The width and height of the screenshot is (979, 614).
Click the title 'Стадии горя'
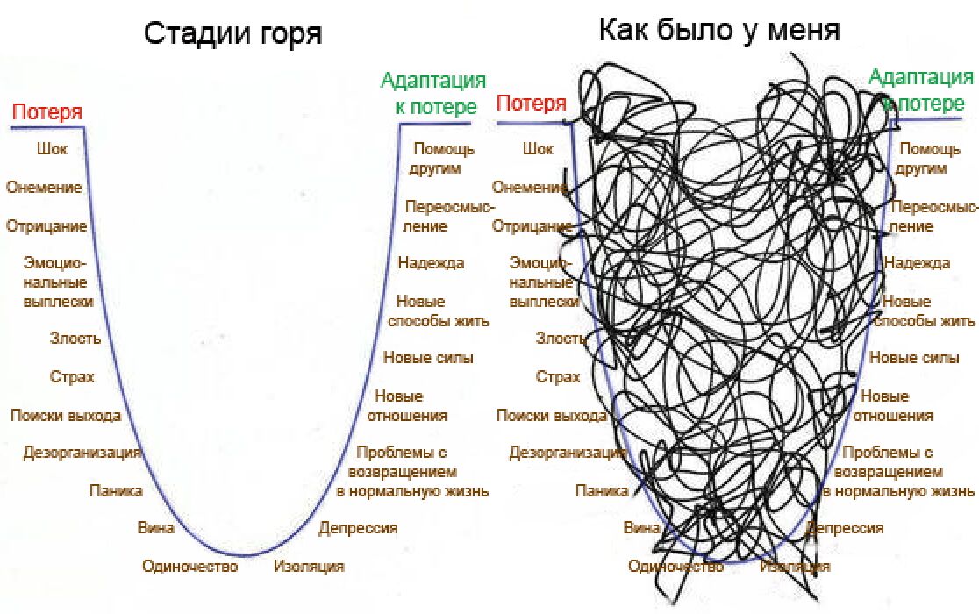click(233, 34)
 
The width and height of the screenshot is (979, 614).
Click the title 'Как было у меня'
click(719, 31)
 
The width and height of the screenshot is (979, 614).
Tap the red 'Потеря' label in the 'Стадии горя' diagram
click(47, 112)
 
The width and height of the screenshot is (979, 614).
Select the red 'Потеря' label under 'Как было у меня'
click(532, 104)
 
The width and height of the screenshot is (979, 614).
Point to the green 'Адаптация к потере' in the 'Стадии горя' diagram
click(433, 94)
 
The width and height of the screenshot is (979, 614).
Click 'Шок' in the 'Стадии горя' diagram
click(52, 149)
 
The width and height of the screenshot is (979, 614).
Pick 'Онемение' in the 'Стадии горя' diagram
click(44, 188)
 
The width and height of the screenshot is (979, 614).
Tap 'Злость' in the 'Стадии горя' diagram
click(75, 339)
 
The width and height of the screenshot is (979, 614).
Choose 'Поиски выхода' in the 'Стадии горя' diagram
click(66, 416)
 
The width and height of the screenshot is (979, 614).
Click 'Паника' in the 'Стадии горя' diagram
click(116, 491)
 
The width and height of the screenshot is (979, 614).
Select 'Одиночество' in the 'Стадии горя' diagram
click(190, 567)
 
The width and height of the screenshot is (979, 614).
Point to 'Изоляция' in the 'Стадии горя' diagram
click(309, 567)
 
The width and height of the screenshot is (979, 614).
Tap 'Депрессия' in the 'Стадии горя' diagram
click(358, 528)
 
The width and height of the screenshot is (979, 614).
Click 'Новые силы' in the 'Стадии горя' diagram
click(428, 358)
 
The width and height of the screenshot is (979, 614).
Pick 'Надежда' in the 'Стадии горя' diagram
click(431, 262)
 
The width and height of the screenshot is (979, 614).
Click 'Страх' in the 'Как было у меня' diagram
click(558, 377)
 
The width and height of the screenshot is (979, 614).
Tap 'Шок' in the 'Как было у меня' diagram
click(538, 149)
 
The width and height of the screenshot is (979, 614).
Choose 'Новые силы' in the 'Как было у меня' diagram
click(914, 358)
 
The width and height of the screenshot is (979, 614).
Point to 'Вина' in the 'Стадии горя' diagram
click(155, 528)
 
